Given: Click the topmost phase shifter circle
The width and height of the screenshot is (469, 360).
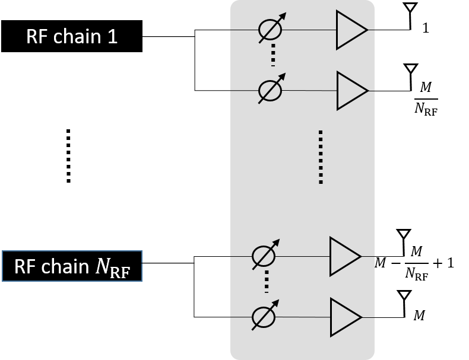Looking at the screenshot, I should point(270,31).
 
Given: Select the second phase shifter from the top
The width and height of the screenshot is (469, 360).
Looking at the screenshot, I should point(270,91).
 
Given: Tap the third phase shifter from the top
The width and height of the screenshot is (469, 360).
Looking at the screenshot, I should point(263,257).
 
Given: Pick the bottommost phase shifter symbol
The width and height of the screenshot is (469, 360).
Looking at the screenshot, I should point(263,317).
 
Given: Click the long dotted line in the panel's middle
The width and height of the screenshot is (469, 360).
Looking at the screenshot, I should point(320,157).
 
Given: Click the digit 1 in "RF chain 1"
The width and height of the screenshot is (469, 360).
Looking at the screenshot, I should point(112,37).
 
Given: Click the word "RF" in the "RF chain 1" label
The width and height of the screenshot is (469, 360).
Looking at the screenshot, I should point(36,37).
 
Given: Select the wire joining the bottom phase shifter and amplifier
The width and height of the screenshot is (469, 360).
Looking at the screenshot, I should point(302,317).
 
